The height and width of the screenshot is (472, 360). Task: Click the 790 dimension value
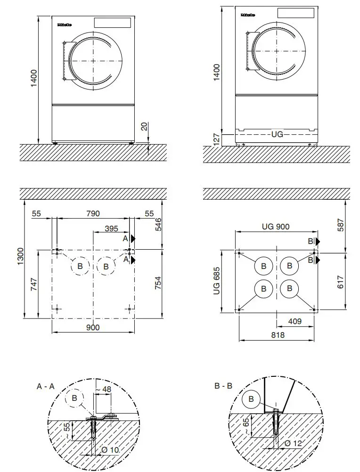click(x=93, y=213)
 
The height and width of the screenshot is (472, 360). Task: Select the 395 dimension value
click(x=111, y=228)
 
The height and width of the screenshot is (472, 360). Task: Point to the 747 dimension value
click(x=33, y=285)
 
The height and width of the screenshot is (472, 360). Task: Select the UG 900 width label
click(x=276, y=227)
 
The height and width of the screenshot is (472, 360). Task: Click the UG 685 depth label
click(x=216, y=282)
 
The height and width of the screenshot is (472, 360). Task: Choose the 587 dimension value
click(x=341, y=227)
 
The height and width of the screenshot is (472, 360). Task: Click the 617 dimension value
click(x=341, y=281)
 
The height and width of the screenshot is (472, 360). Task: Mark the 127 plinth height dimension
click(x=216, y=140)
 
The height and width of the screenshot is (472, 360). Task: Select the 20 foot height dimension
click(x=144, y=126)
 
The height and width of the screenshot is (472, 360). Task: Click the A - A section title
click(x=46, y=386)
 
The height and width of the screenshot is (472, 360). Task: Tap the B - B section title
click(x=223, y=386)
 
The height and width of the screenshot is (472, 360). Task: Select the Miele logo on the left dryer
click(x=65, y=24)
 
